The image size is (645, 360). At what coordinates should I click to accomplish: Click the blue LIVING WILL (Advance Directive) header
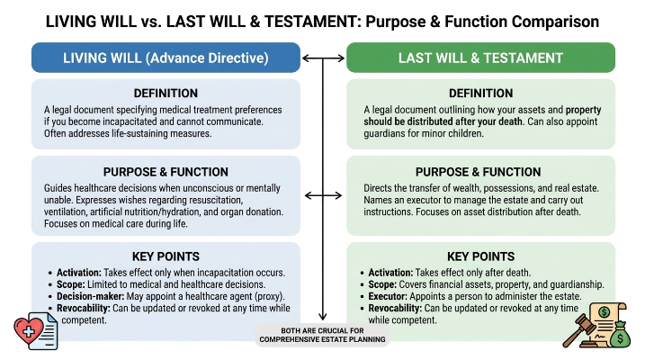click(x=166, y=58)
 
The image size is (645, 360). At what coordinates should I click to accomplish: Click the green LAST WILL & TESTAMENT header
click(x=480, y=58)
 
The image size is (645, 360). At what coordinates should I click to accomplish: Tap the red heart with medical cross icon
click(x=28, y=330)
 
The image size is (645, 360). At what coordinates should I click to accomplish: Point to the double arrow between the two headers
click(x=323, y=58)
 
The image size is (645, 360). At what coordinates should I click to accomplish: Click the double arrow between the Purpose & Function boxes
click(x=323, y=195)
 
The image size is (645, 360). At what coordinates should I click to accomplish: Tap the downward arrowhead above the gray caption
click(x=323, y=316)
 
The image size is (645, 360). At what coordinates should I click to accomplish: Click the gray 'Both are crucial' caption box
click(x=322, y=335)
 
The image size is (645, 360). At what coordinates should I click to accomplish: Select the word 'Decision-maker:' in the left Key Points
click(x=91, y=296)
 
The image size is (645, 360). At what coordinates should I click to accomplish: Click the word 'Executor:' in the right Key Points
click(x=388, y=296)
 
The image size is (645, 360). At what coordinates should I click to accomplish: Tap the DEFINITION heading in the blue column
click(x=166, y=94)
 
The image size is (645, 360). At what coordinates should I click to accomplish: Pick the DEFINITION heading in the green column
click(x=481, y=94)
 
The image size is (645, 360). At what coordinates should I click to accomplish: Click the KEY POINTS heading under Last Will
click(x=481, y=256)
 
